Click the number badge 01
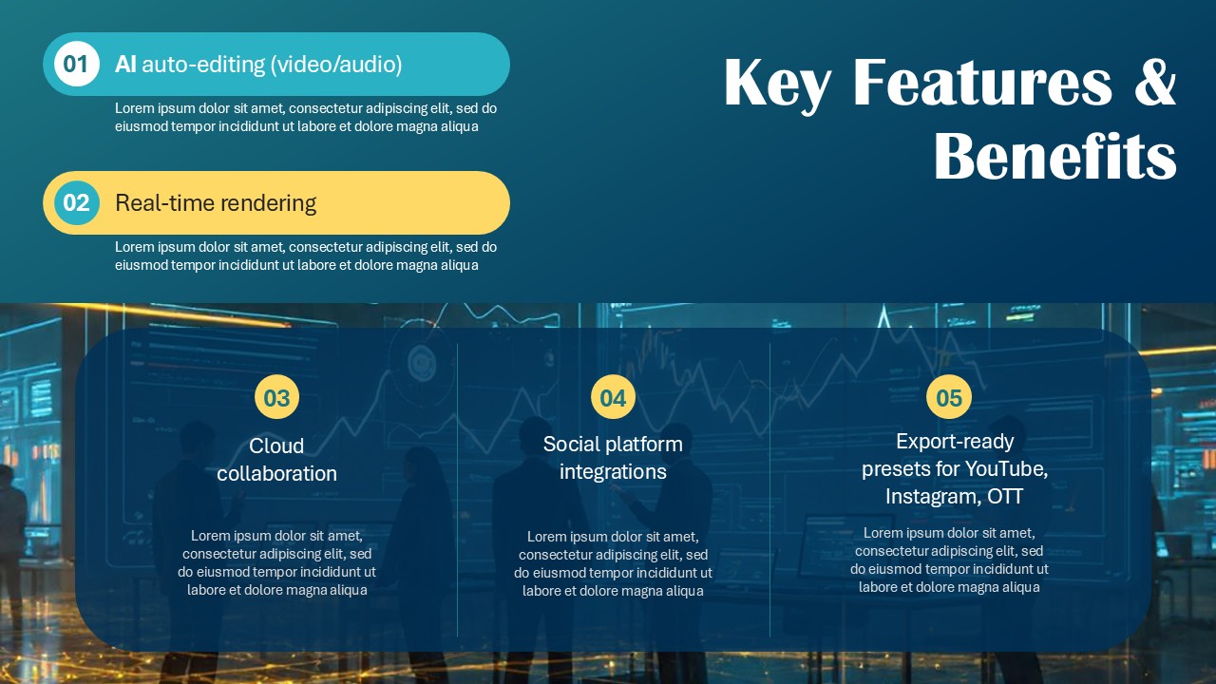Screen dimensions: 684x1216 [x=76, y=64]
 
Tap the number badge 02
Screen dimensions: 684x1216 [x=76, y=202]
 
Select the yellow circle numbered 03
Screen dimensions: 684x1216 [x=276, y=397]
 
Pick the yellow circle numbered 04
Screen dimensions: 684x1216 [x=613, y=397]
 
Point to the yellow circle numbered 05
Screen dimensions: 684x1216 [x=949, y=397]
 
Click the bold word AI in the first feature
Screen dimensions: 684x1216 [x=125, y=65]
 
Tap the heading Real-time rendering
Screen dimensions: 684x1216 [x=216, y=202]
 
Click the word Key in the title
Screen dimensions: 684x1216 [x=777, y=84]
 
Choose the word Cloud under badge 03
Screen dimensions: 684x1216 [x=276, y=446]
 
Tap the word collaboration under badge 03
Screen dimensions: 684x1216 [x=276, y=473]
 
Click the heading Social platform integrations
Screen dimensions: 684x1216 [x=613, y=457]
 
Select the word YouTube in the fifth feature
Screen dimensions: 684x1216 [x=1006, y=469]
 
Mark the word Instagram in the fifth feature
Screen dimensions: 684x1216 [x=930, y=497]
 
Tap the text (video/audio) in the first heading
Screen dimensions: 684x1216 [x=336, y=65]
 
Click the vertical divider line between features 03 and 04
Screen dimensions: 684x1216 [x=458, y=489]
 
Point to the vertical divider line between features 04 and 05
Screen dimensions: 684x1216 [x=770, y=489]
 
